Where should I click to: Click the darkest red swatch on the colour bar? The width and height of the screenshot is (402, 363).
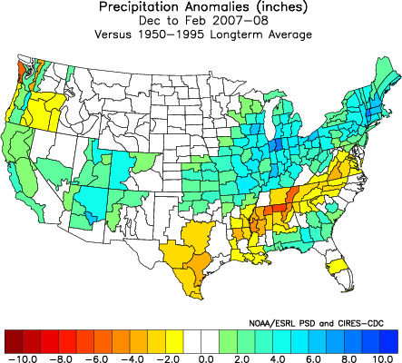click(14, 340)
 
